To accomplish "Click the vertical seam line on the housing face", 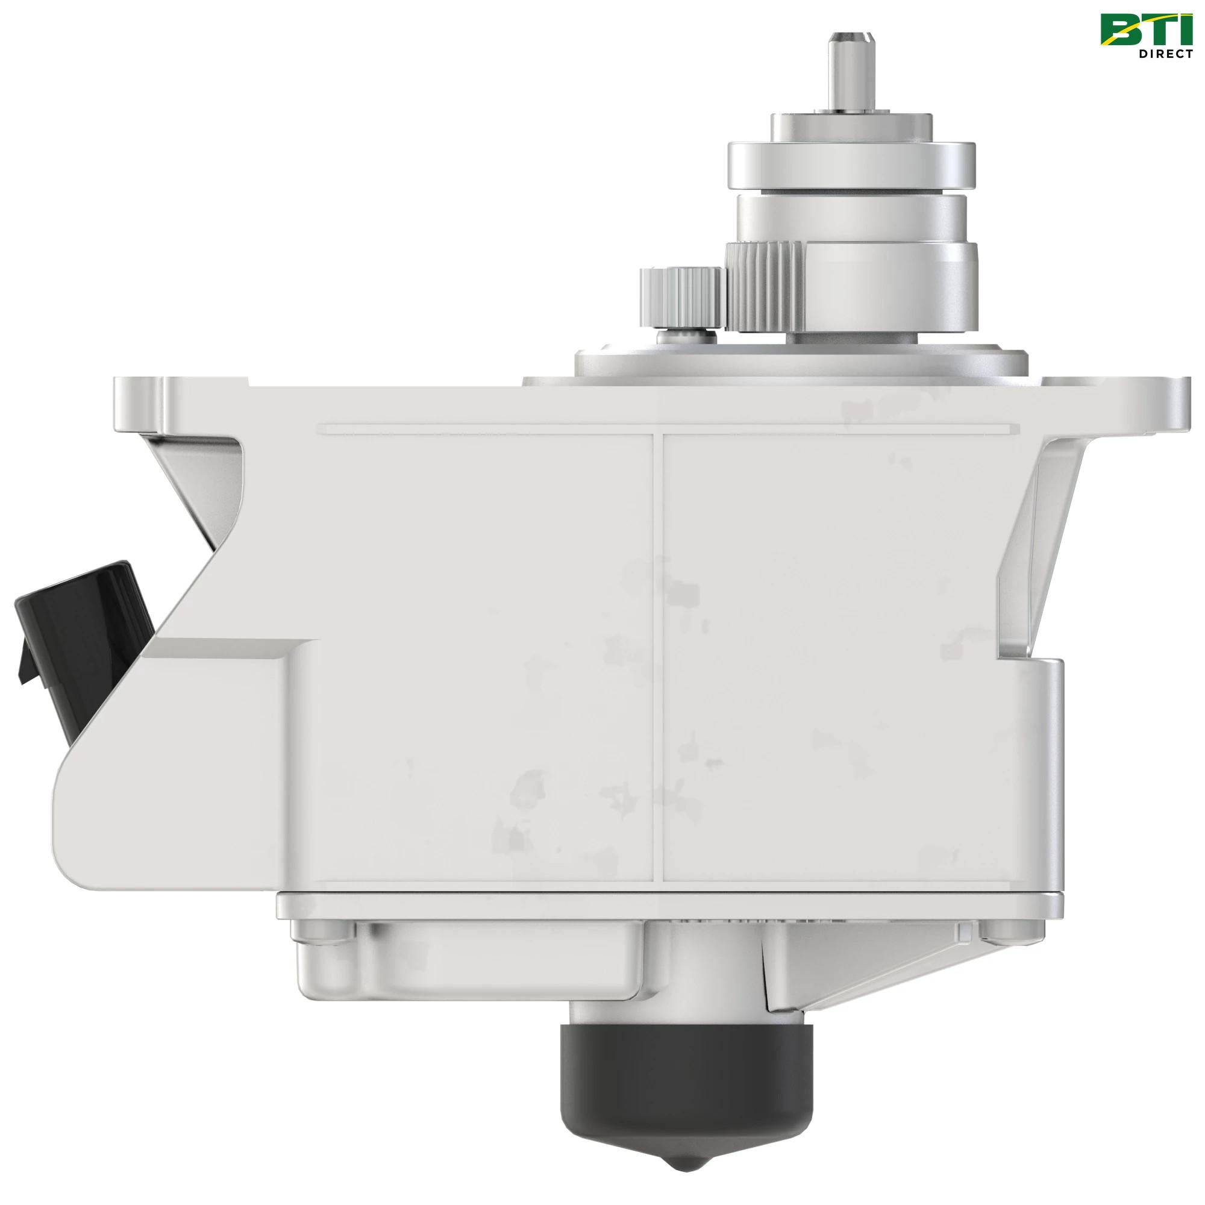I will [x=657, y=655].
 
